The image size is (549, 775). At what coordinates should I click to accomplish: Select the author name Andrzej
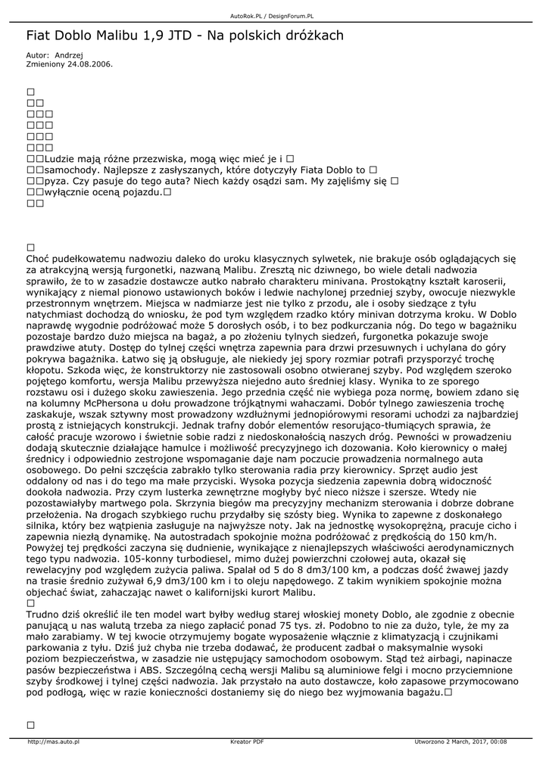pyautogui.click(x=69, y=55)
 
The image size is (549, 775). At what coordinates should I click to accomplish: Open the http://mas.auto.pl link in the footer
pyautogui.click(x=54, y=742)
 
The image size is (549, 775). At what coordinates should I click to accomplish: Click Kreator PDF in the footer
pyautogui.click(x=247, y=742)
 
